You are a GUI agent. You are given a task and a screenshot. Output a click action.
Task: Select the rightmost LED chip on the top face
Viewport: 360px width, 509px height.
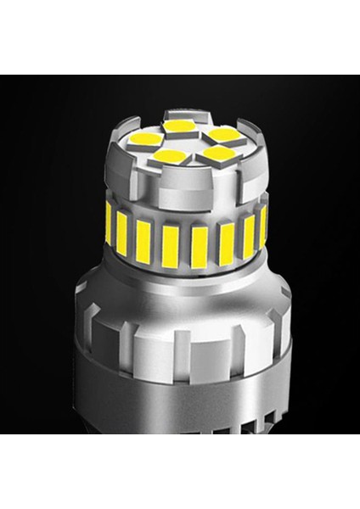point(222,134)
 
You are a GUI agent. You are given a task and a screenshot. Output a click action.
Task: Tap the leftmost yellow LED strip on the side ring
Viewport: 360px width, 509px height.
point(109,222)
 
